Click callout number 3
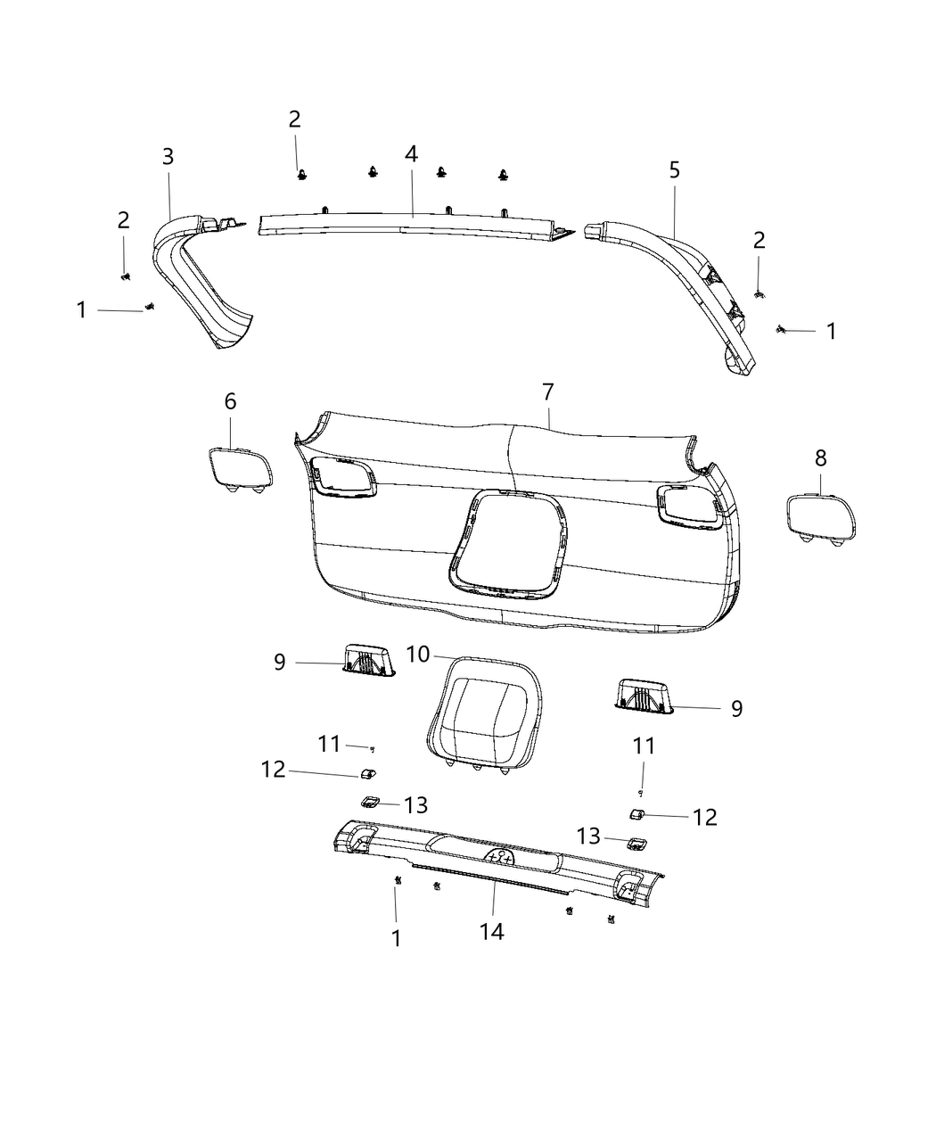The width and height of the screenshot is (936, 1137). click(168, 157)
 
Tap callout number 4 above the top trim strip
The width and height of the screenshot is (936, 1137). click(411, 153)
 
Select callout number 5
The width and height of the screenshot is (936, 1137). click(674, 169)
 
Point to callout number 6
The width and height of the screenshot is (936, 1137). click(230, 401)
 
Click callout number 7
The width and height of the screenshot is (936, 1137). click(547, 391)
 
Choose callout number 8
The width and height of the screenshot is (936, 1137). click(820, 458)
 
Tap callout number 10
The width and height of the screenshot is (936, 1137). click(418, 655)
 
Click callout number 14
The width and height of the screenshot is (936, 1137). click(491, 932)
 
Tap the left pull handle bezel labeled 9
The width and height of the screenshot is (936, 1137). click(367, 661)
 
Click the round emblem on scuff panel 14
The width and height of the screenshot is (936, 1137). click(501, 858)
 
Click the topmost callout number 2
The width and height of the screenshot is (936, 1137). click(294, 119)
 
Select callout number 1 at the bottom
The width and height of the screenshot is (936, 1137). click(396, 938)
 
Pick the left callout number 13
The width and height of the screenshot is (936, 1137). click(416, 805)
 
